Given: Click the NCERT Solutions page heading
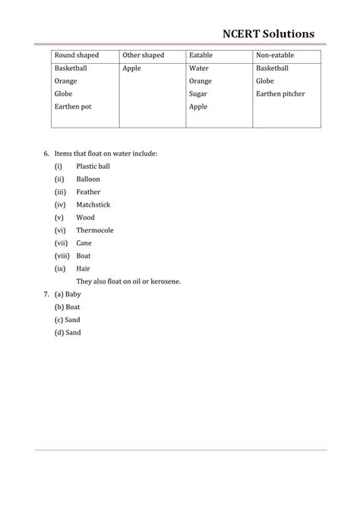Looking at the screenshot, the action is click(268, 34).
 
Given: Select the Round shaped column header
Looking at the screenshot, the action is click(76, 55).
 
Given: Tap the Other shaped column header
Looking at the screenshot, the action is click(143, 55).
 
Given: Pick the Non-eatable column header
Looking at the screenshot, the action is click(276, 55).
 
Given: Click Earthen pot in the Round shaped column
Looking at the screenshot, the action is click(72, 107).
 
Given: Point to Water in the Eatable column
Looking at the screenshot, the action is click(198, 68).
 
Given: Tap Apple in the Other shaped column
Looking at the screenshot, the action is click(131, 68).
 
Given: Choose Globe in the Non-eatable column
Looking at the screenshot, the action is click(265, 81).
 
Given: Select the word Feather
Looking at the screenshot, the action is click(88, 192).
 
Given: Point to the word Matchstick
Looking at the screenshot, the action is click(92, 204).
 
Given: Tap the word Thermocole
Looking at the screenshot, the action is click(94, 230).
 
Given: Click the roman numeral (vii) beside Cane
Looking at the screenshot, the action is click(62, 243).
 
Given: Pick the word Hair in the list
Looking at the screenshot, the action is click(83, 268).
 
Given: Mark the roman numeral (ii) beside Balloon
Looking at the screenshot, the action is click(58, 179).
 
